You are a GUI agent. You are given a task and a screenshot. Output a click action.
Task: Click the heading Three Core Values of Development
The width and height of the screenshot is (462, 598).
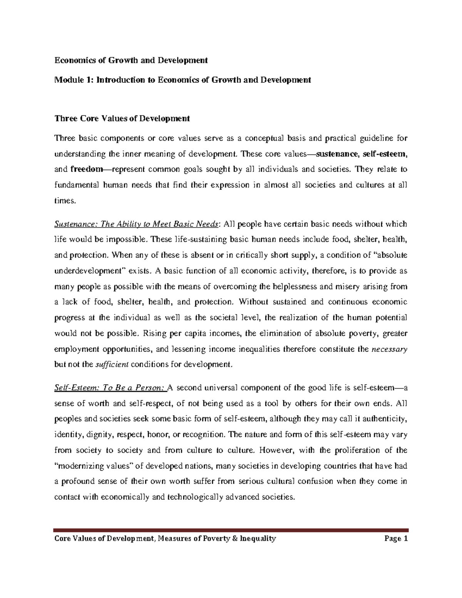click(x=122, y=119)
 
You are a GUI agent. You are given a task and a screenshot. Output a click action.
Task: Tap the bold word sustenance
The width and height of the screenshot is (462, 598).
click(x=335, y=154)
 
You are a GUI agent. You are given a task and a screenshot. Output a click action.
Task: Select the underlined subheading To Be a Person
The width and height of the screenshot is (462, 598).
click(x=110, y=388)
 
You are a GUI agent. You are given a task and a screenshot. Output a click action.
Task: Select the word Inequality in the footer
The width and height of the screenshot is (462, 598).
click(x=258, y=539)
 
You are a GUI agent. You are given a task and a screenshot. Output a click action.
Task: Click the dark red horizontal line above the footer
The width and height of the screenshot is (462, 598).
click(x=231, y=530)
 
